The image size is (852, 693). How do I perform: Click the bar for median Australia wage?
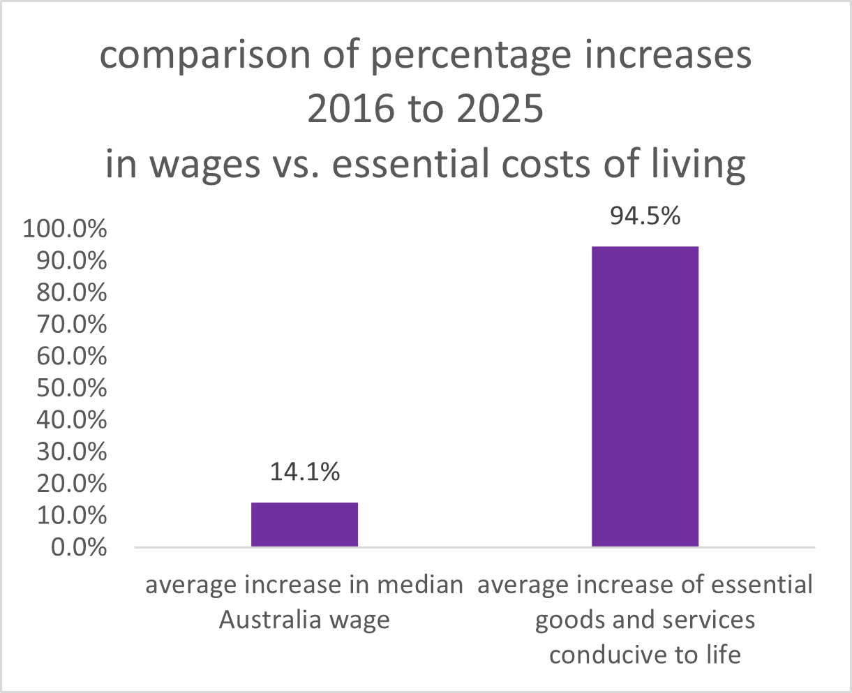tap(304, 524)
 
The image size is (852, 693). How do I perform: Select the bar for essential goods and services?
tap(645, 396)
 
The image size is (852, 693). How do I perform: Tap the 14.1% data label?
tap(304, 472)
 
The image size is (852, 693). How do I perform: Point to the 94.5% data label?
tap(645, 216)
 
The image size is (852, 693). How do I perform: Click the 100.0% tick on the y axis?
tap(65, 229)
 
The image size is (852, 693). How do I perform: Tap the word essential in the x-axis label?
tap(763, 585)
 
